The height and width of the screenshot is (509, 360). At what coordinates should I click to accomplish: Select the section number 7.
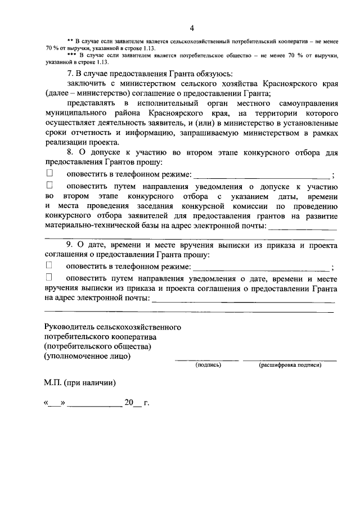coord(70,74)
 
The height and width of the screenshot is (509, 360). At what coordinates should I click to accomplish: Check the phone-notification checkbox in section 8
coord(49,174)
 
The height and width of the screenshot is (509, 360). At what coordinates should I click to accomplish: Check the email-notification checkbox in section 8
coord(49,184)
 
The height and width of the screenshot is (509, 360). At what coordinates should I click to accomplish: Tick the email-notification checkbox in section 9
coord(49,277)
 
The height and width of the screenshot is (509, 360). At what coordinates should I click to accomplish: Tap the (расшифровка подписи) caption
coord(290,365)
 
